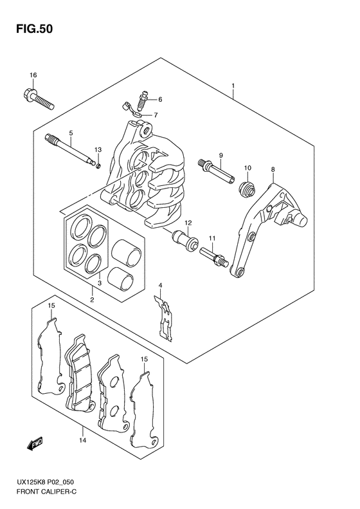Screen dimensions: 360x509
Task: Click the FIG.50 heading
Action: (x=34, y=29)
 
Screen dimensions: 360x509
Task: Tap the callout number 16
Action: (x=33, y=75)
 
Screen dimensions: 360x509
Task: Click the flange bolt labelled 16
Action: (x=39, y=98)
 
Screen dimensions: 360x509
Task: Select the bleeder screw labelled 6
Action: (x=142, y=100)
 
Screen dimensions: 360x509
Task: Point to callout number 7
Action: (x=156, y=115)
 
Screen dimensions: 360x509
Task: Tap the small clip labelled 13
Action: (x=98, y=166)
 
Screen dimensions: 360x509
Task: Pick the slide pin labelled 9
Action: (x=215, y=171)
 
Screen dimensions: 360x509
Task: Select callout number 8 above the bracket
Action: (x=273, y=169)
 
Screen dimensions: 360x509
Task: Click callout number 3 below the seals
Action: (x=100, y=282)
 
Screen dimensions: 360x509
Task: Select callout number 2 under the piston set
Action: (x=92, y=300)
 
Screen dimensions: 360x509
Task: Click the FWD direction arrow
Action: (x=35, y=444)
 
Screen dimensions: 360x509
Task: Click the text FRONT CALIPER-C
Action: (x=46, y=501)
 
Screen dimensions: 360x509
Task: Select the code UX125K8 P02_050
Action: (x=46, y=492)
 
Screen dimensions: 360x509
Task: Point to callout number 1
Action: (x=233, y=86)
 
